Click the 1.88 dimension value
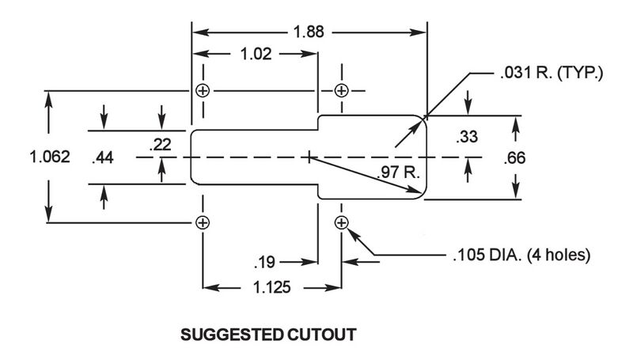309,32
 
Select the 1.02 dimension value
256,54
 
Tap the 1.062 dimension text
50,157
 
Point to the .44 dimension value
103,157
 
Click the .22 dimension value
161,145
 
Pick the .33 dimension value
467,137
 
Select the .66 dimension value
515,157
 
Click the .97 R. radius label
399,172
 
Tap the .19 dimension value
265,263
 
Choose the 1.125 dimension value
271,287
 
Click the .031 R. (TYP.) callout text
552,73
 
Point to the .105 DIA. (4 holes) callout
521,255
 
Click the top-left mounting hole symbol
203,90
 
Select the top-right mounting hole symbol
342,90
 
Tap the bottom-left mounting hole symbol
203,222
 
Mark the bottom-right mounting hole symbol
342,222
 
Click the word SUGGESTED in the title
232,335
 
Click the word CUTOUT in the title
322,335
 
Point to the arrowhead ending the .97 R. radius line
419,190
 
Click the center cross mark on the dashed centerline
309,157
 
